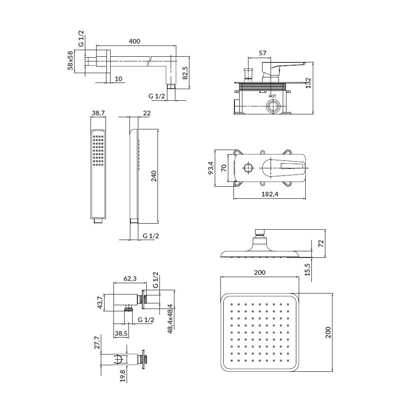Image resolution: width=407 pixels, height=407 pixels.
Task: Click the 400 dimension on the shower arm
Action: pos(134,41)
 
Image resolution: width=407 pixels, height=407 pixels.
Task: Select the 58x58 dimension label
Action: pos(70,61)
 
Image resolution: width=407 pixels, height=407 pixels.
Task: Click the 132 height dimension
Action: pos(320,83)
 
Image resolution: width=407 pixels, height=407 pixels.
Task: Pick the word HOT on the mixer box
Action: pos(273,96)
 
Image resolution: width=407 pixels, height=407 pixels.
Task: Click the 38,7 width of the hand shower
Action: pos(98,113)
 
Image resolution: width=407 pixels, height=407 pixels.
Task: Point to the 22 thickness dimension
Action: pos(147,113)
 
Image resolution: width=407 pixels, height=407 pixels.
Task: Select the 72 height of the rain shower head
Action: pos(321,244)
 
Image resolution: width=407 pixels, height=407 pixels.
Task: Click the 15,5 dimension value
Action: pos(321,269)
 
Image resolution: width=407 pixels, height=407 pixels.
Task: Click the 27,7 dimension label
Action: pos(97,343)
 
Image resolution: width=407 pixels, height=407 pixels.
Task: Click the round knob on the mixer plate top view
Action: pos(248,168)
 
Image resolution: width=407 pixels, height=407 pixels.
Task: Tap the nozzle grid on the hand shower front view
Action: pos(98,151)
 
